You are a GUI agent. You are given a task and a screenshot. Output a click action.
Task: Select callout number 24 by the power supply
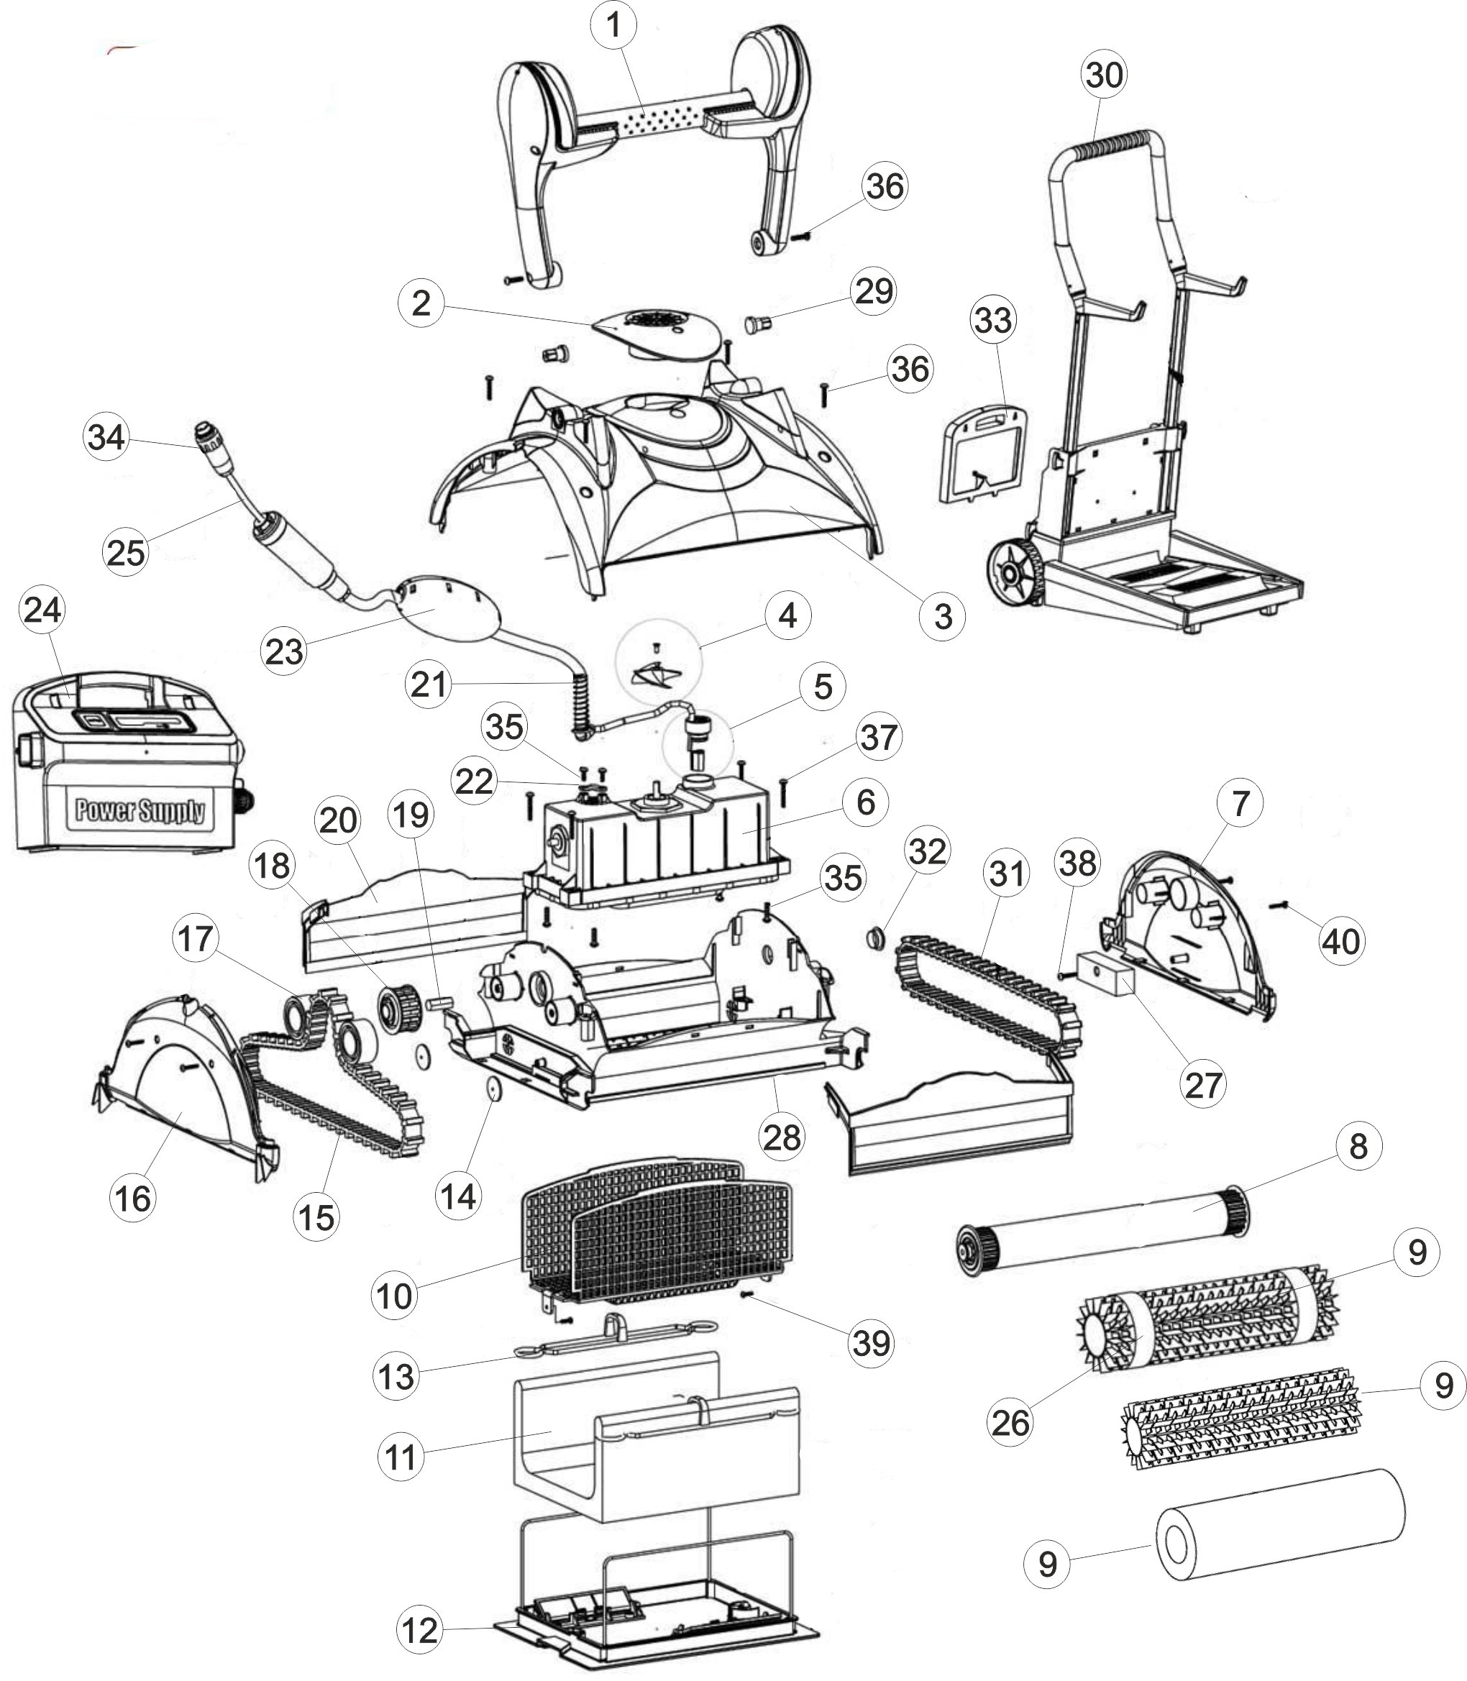coord(42,610)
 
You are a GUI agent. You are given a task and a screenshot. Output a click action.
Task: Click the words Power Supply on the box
coord(140,810)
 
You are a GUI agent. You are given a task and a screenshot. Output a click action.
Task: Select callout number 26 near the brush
coord(1010,1423)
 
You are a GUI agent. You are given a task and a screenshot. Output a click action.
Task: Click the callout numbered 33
coord(992,321)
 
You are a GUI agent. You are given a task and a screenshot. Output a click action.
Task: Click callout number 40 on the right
coord(1341,941)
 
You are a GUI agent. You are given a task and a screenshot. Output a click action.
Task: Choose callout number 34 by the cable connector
coord(106,437)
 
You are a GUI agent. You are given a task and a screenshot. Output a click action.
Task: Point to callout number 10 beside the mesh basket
coord(395,1296)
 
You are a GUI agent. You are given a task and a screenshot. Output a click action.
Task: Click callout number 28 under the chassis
coord(781,1137)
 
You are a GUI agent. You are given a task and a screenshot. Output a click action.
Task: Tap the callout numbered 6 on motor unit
coord(866,802)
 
